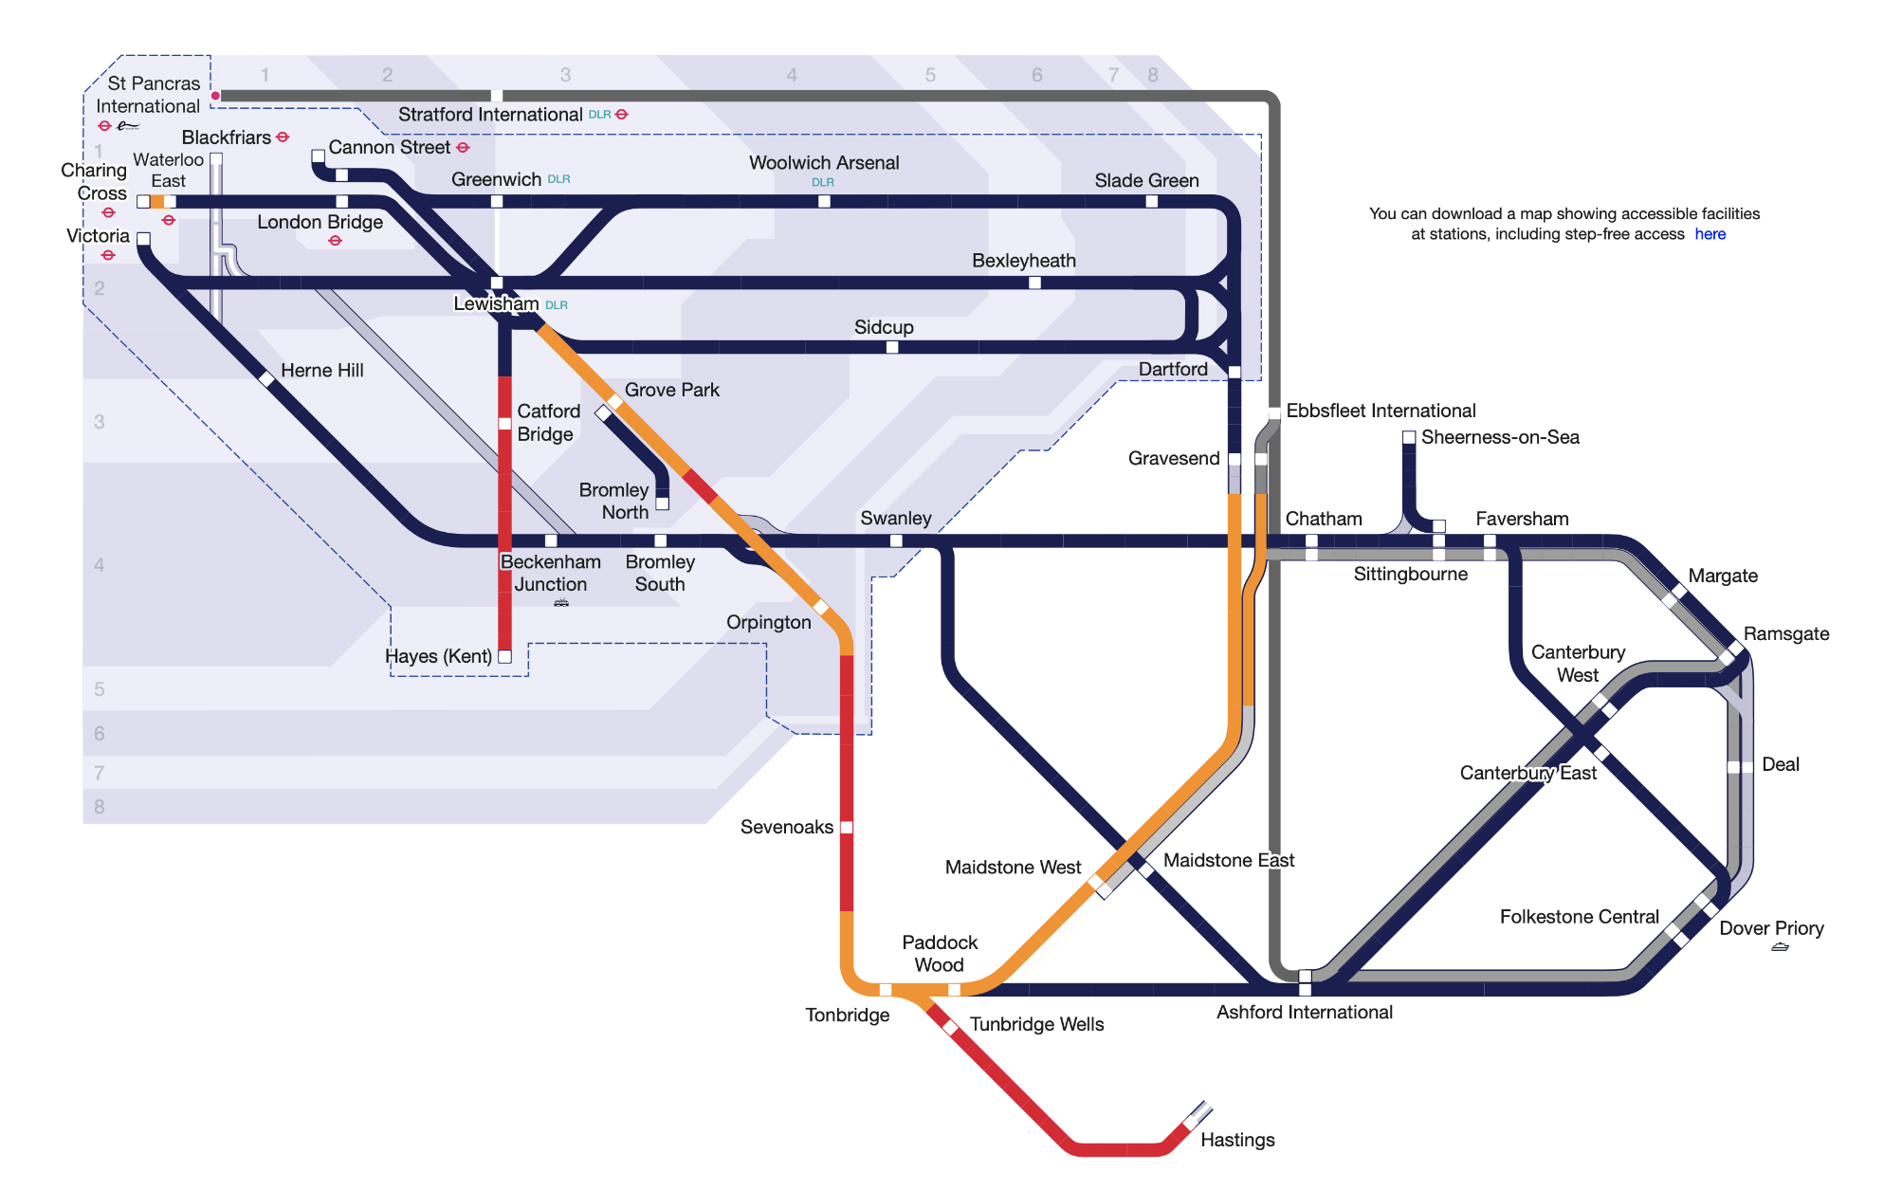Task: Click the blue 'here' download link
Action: [x=1710, y=234]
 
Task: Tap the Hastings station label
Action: [x=1236, y=1140]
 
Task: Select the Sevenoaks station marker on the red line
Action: [x=847, y=827]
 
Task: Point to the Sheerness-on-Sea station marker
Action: [x=1409, y=437]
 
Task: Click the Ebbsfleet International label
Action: [x=1380, y=411]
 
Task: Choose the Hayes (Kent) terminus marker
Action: [x=505, y=656]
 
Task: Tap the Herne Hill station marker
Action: [x=267, y=379]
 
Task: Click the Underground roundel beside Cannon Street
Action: [x=463, y=148]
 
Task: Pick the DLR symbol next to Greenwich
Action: [x=558, y=179]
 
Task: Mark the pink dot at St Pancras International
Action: [x=216, y=96]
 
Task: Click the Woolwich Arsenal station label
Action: [x=824, y=163]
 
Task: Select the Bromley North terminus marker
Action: [x=663, y=503]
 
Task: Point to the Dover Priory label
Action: [x=1770, y=928]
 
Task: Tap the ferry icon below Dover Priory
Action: [x=1780, y=947]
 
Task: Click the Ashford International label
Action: [x=1304, y=1012]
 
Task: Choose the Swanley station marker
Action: [x=896, y=540]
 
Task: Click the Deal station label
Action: [x=1780, y=764]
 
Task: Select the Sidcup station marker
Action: [x=892, y=347]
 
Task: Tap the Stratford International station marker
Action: [x=497, y=96]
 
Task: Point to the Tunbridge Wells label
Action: [x=1036, y=1024]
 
